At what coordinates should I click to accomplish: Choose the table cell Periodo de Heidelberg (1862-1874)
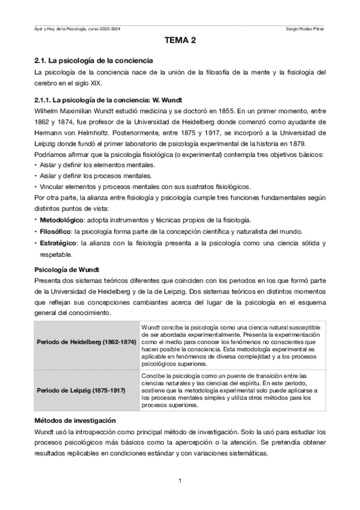pyautogui.click(x=86, y=342)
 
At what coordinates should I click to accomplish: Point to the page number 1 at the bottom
pyautogui.click(x=180, y=480)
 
